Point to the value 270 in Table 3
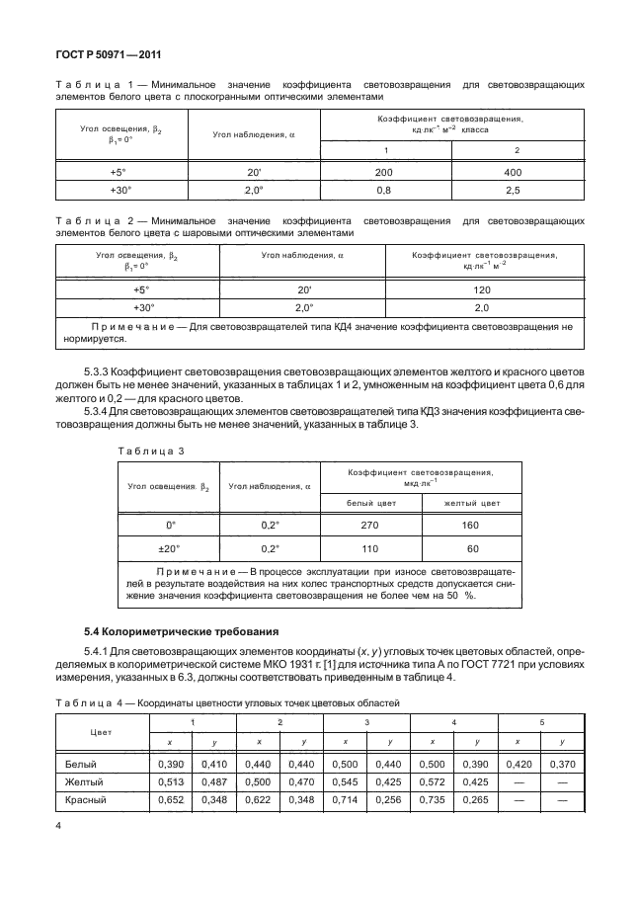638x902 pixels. (370, 526)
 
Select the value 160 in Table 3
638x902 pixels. (472, 526)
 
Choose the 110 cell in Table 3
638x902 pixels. (370, 548)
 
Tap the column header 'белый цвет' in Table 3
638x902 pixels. (370, 503)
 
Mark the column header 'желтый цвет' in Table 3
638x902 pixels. (472, 503)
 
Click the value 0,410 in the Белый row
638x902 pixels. (214, 764)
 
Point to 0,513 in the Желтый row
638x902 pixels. (171, 781)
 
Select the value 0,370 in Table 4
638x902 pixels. (562, 764)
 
